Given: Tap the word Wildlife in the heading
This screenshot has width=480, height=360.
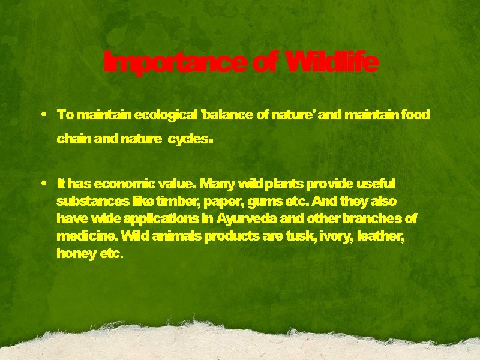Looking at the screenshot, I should pyautogui.click(x=332, y=62).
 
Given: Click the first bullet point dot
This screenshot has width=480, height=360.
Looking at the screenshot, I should pyautogui.click(x=46, y=113).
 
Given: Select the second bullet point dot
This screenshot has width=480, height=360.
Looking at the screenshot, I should pyautogui.click(x=46, y=182).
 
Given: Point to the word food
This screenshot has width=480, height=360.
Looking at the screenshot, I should pyautogui.click(x=415, y=114).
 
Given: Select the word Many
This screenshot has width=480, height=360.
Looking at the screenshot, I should pyautogui.click(x=218, y=182).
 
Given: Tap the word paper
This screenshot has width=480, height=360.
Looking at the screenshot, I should pyautogui.click(x=222, y=201).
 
